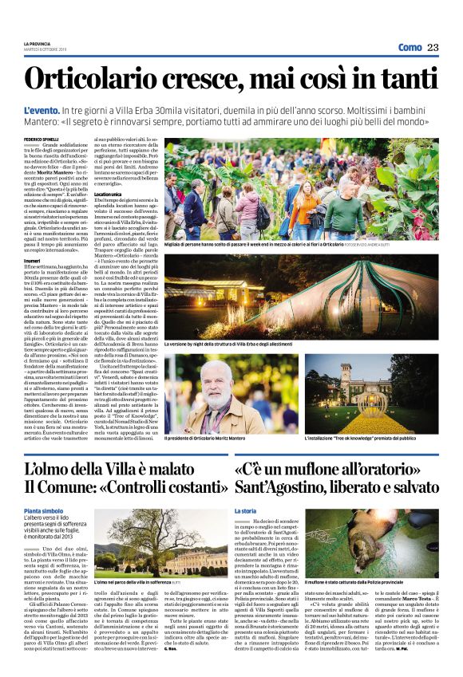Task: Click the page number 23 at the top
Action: [x=433, y=48]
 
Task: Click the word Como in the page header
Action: [x=410, y=48]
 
